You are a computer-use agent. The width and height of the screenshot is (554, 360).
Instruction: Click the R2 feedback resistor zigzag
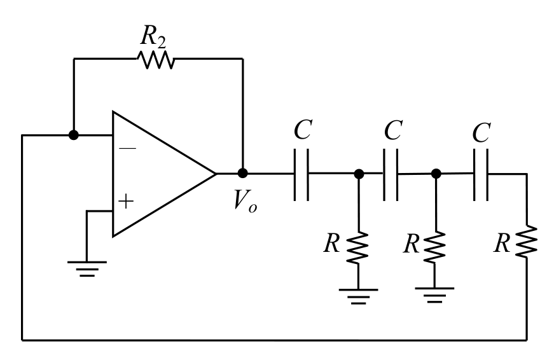tap(155, 59)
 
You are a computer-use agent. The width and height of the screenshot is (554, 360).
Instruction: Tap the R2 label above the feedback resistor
tap(153, 36)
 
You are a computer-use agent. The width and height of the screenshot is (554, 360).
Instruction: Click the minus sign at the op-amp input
tap(127, 148)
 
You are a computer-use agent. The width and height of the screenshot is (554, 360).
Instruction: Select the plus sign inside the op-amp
tap(126, 202)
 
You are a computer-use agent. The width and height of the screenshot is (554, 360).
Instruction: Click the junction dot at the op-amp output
tap(242, 173)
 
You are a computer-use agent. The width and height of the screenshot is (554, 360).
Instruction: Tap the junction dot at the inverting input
tap(74, 135)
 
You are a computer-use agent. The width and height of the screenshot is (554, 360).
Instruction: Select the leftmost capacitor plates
tap(301, 174)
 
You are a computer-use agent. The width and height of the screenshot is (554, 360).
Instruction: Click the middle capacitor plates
tap(391, 174)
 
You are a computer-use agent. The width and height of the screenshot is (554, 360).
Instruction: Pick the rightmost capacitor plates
tap(481, 174)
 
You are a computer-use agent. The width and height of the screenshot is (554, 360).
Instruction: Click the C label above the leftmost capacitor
tap(303, 130)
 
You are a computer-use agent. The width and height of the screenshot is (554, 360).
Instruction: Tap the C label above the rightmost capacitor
tap(481, 132)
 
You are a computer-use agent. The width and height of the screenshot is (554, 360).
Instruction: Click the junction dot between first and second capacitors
tap(359, 174)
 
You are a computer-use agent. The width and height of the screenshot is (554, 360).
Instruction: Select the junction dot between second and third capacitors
tap(436, 174)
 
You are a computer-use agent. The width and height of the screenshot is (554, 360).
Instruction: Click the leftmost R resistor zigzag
tap(357, 247)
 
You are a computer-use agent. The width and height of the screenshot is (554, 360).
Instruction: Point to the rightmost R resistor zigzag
tap(527, 241)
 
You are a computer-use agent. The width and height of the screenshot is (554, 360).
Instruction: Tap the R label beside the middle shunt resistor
tap(412, 244)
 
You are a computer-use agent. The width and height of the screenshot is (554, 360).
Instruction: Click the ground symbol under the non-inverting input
tap(87, 268)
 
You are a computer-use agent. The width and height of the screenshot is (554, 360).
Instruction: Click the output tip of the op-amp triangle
tap(216, 174)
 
